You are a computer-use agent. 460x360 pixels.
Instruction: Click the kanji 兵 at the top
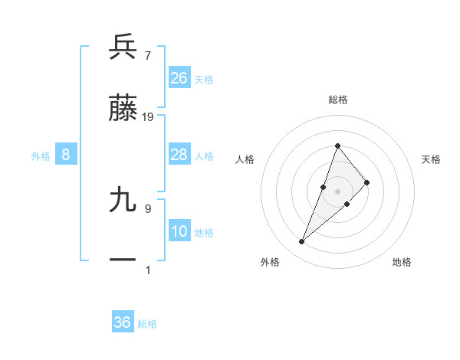tap(123, 47)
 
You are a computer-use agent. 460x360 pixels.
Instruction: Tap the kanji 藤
tap(123, 109)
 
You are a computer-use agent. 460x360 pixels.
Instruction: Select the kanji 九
tap(123, 201)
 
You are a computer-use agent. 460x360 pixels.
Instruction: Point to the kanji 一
tap(123, 260)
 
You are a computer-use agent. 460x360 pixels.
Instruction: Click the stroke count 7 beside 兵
tap(147, 56)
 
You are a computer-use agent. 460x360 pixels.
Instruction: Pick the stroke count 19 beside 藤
tap(148, 116)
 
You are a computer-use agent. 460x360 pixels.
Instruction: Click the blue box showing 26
tap(179, 78)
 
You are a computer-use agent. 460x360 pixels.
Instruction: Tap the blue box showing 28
tap(179, 155)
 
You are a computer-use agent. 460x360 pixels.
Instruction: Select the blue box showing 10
tap(179, 232)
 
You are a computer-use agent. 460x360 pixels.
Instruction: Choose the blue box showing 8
tap(66, 155)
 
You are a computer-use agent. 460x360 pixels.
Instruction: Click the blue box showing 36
tap(123, 322)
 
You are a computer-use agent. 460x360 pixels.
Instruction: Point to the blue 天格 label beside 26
tap(204, 80)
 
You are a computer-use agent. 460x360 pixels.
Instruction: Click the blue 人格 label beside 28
tap(204, 156)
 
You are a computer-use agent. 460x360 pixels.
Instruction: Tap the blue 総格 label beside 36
tap(147, 324)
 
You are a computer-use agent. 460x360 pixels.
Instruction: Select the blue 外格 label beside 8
tap(41, 156)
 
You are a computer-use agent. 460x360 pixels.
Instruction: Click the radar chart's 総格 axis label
tap(338, 100)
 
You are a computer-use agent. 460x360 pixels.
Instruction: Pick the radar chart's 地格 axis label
tap(402, 263)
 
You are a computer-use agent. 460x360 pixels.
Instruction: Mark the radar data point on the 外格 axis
tap(301, 242)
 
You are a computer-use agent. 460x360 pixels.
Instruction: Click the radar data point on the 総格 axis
tap(337, 146)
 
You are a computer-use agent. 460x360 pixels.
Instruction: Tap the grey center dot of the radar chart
tap(337, 191)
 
